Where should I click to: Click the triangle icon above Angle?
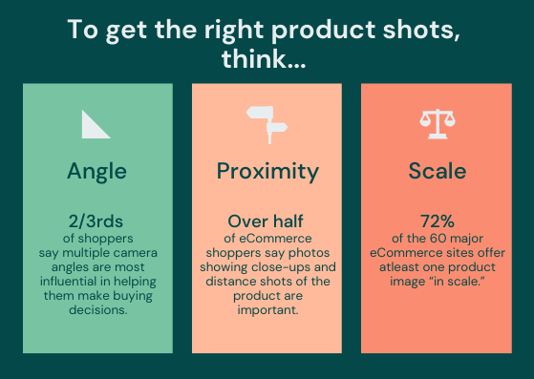(96, 124)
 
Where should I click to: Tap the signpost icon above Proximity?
(267, 120)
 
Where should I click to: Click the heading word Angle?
(96, 172)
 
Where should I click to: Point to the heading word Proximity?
(267, 172)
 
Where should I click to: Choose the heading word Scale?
(437, 172)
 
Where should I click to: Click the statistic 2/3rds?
(96, 221)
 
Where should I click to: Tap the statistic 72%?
(437, 221)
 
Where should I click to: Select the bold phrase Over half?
(267, 221)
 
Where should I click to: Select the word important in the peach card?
(267, 309)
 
